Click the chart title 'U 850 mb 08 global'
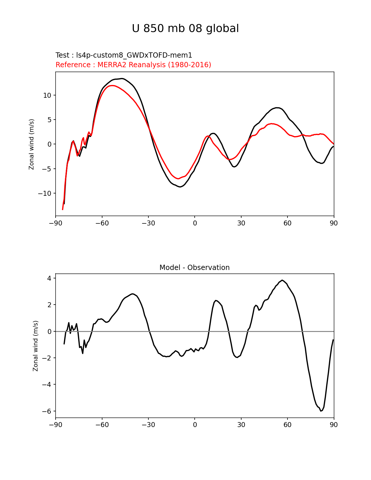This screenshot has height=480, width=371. coord(185,29)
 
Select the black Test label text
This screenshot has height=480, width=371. coord(124,55)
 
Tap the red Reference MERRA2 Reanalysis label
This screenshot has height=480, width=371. coord(133,65)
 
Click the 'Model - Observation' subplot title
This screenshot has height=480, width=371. coord(194,268)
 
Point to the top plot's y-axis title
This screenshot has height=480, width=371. coord(31,144)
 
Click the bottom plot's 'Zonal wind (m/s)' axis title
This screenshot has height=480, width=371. coord(35,346)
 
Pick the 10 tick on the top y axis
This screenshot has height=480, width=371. coord(47,95)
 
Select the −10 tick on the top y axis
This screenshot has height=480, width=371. coord(45,193)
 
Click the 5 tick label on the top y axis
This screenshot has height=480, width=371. coord(49,120)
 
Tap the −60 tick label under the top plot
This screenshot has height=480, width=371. coord(102,223)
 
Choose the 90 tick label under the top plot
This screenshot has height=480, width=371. coord(334,223)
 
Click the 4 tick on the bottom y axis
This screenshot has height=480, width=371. coord(49,278)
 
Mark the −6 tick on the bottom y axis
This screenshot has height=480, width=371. coord(47,411)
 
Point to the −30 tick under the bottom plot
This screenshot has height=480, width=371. coord(148,425)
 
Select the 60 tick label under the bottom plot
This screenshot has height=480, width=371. coord(287,425)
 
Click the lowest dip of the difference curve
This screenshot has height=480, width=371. coord(321,411)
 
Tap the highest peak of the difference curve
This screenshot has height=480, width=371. coord(282,280)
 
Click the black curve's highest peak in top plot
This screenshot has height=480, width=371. coord(122,79)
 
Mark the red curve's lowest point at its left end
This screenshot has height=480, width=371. coord(63,209)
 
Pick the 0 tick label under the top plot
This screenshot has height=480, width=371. coord(195,223)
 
